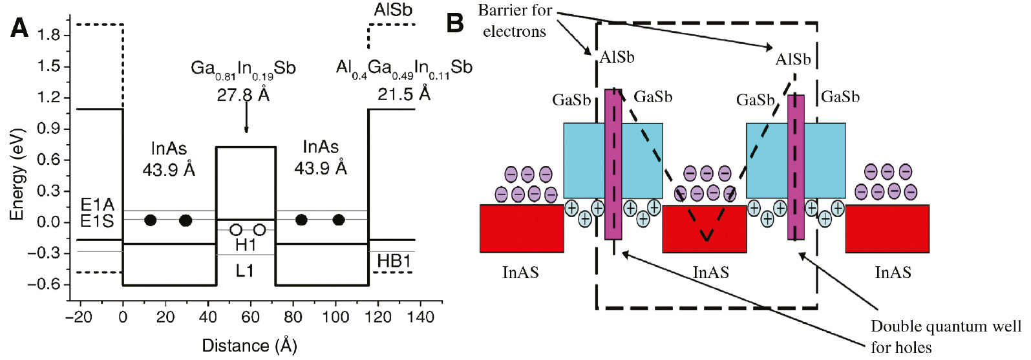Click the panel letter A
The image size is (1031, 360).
click(x=19, y=28)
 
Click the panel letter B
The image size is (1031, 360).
click(x=455, y=23)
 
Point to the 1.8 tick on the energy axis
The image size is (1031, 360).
click(x=48, y=35)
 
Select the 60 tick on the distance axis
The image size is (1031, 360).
click(x=250, y=317)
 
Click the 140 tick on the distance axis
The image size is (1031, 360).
click(x=421, y=317)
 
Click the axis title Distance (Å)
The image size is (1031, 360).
click(x=250, y=346)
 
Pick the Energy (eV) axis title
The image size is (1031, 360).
click(x=17, y=175)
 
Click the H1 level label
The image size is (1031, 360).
click(x=246, y=245)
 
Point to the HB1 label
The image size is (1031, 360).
click(x=394, y=261)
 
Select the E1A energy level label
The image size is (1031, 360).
click(x=97, y=205)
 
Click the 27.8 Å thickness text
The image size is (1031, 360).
click(x=243, y=96)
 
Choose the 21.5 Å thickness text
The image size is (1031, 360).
click(x=404, y=94)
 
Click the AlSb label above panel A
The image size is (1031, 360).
click(x=393, y=10)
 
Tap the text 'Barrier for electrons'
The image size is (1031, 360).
click(x=515, y=21)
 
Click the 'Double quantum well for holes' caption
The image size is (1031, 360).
click(x=946, y=336)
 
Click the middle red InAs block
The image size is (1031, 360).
click(x=705, y=229)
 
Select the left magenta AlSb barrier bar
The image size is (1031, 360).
click(x=613, y=164)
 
